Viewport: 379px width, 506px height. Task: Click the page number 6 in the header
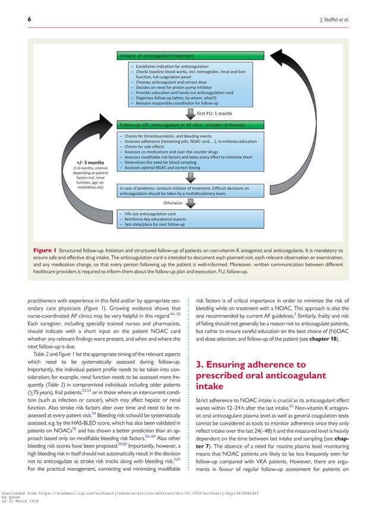(x=12, y=18)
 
